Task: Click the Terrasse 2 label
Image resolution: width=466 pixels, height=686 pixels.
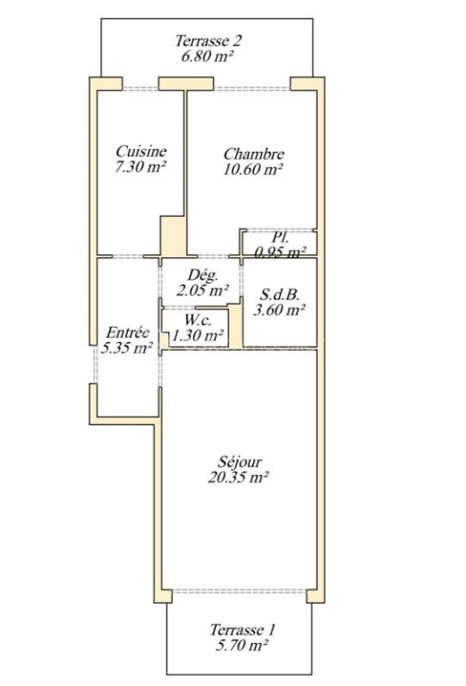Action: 208,41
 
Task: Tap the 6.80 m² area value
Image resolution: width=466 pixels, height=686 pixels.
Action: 207,56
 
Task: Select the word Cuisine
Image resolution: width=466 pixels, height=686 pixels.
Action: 141,151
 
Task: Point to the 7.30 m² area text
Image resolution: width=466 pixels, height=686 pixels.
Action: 140,167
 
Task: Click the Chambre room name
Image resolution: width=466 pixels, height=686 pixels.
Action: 254,154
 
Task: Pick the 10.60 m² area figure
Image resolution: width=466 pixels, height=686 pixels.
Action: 253,170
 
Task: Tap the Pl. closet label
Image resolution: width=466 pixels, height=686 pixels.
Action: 280,238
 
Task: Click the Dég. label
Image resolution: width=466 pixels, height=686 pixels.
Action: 202,275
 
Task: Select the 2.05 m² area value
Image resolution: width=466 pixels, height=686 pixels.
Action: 202,289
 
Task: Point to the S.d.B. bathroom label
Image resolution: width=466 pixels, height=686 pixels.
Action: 279,295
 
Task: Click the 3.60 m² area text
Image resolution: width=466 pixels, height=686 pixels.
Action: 279,310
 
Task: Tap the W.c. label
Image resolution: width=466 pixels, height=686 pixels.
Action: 198,321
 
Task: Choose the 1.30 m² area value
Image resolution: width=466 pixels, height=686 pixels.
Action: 198,336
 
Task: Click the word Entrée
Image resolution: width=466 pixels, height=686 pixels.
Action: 128,332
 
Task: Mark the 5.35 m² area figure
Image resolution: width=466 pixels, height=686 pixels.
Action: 127,347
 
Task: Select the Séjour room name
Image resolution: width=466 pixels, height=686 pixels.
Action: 240,462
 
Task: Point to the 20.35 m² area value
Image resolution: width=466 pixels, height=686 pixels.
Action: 238,477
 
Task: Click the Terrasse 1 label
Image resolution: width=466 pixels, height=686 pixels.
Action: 242,630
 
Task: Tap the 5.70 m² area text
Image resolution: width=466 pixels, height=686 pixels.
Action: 241,645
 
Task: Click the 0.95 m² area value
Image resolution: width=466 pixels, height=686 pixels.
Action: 280,253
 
